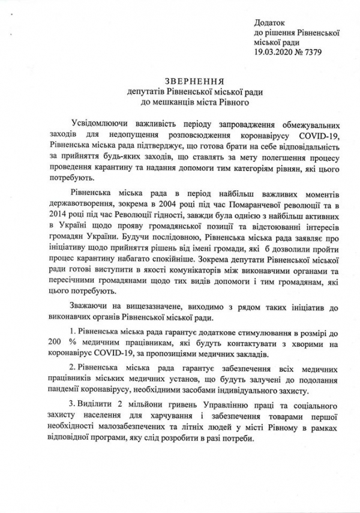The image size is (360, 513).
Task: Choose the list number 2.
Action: click(73, 369)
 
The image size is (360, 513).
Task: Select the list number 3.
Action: click(73, 406)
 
